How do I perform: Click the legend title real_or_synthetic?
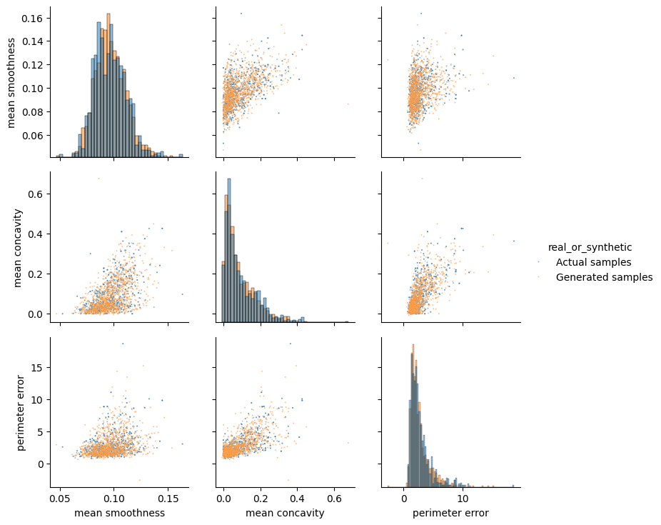pyautogui.click(x=590, y=248)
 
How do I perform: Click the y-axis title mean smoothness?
pyautogui.click(x=11, y=81)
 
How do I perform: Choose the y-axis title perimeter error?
pyautogui.click(x=21, y=413)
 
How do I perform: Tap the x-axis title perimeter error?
pyautogui.click(x=450, y=513)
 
